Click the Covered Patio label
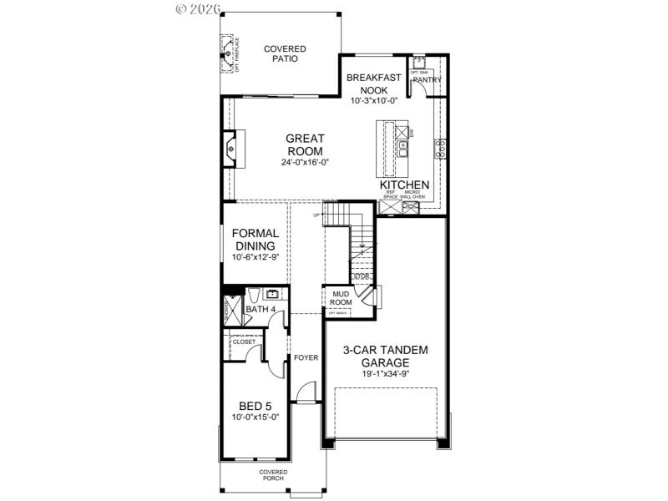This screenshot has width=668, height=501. (286, 54)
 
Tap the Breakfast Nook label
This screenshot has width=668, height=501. (374, 83)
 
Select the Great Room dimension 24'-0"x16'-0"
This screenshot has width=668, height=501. (305, 163)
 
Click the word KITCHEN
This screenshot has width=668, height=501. (405, 185)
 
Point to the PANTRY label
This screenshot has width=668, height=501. (427, 80)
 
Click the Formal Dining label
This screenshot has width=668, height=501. (255, 240)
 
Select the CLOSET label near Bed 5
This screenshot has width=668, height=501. (244, 342)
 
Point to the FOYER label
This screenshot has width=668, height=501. (306, 357)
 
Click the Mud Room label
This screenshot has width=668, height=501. (341, 298)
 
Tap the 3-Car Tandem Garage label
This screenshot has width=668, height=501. (386, 357)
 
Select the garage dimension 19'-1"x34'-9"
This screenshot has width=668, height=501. (386, 375)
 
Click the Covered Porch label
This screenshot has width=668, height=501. (272, 476)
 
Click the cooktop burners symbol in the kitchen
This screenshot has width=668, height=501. (440, 149)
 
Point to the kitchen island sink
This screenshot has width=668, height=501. (404, 149)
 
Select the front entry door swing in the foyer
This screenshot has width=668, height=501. (306, 391)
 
